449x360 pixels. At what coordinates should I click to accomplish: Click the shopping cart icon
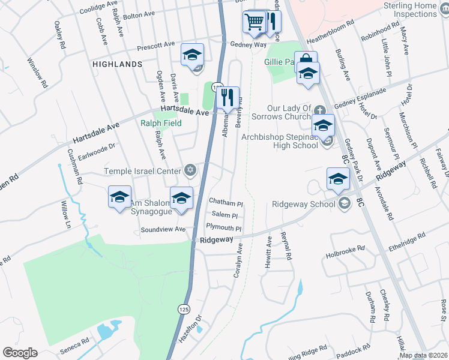tap(255, 22)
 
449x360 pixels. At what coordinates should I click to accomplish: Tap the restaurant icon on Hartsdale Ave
tap(228, 97)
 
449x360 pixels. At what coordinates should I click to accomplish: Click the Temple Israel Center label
tap(142, 172)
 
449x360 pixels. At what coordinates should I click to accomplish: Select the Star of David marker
tap(190, 172)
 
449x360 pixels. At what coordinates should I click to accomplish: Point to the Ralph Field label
tap(160, 124)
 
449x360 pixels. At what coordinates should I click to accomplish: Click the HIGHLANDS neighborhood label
tap(117, 64)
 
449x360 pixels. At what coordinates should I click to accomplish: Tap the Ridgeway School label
tap(303, 204)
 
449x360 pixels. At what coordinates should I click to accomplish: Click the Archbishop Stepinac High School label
tap(280, 141)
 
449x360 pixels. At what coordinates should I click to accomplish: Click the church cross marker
tap(321, 110)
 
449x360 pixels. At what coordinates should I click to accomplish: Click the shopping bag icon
tap(306, 59)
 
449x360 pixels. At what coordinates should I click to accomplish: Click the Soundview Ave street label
tap(163, 230)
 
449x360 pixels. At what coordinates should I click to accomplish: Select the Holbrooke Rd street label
tap(345, 247)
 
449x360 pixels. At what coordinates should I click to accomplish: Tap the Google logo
tap(20, 353)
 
